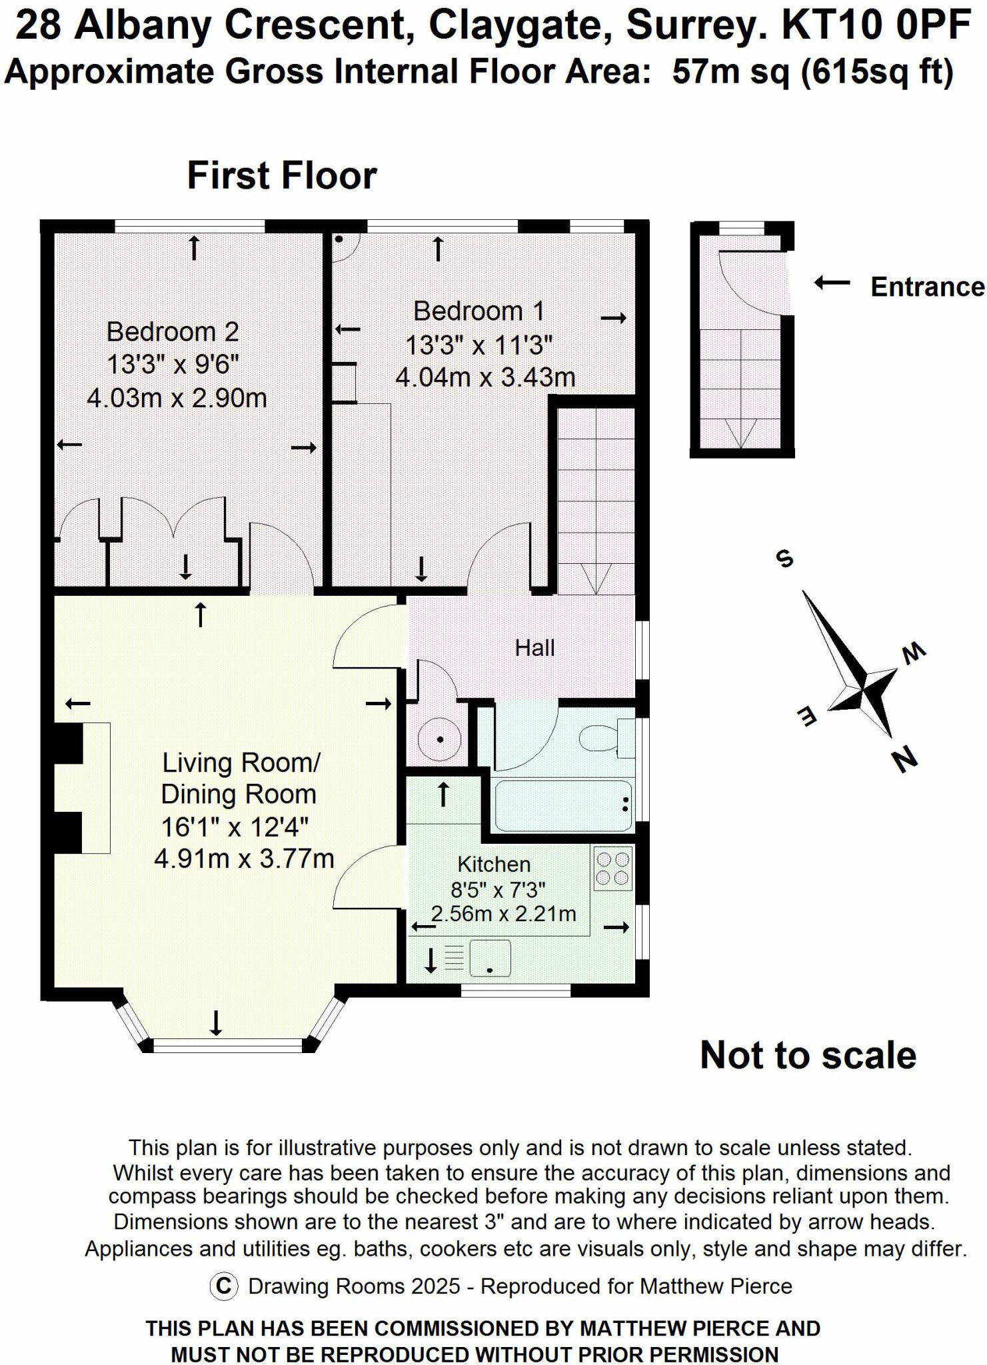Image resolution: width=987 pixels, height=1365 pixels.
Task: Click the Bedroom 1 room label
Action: pos(479,311)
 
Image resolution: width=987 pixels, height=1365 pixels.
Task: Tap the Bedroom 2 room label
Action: pos(173,331)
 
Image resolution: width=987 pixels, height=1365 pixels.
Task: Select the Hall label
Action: pos(534,648)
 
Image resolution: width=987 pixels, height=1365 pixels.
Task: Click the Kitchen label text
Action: pos(494,864)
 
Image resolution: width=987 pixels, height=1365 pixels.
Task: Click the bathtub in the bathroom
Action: pos(563,806)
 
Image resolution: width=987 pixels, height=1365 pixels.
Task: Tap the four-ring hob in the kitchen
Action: pos(612,868)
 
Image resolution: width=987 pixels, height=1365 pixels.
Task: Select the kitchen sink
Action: pos(490,958)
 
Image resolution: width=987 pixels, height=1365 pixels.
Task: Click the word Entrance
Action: pos(926,287)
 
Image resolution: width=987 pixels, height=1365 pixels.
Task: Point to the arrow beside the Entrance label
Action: pos(832,283)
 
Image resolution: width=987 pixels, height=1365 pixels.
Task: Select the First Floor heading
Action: pos(282,176)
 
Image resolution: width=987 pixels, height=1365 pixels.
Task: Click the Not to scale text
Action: pos(808,1055)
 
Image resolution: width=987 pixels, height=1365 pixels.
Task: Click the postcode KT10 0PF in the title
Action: pos(875,26)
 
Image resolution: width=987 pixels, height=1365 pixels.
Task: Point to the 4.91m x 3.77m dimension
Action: pos(244,858)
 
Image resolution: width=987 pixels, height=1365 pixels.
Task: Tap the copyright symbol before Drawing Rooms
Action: pos(224,1286)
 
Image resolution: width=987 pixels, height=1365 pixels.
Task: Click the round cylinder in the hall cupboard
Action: pos(440,739)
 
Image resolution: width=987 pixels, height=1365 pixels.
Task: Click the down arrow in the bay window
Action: pos(216,1022)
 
